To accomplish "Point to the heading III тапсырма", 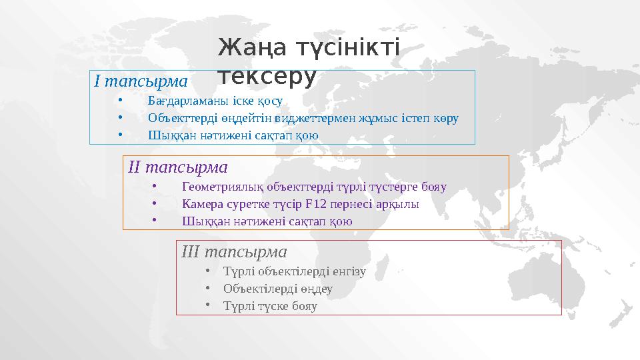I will point(234,252).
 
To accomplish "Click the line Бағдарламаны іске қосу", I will point(215,101).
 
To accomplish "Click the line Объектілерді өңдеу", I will point(277,289).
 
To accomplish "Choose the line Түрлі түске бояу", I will point(270,307).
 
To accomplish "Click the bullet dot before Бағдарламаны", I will point(121,101).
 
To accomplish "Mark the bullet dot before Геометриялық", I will point(155,187).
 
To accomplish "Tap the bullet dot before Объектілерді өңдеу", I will point(209,289).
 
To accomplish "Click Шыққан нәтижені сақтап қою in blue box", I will point(233,135).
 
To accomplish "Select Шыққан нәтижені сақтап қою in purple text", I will point(267,221).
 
